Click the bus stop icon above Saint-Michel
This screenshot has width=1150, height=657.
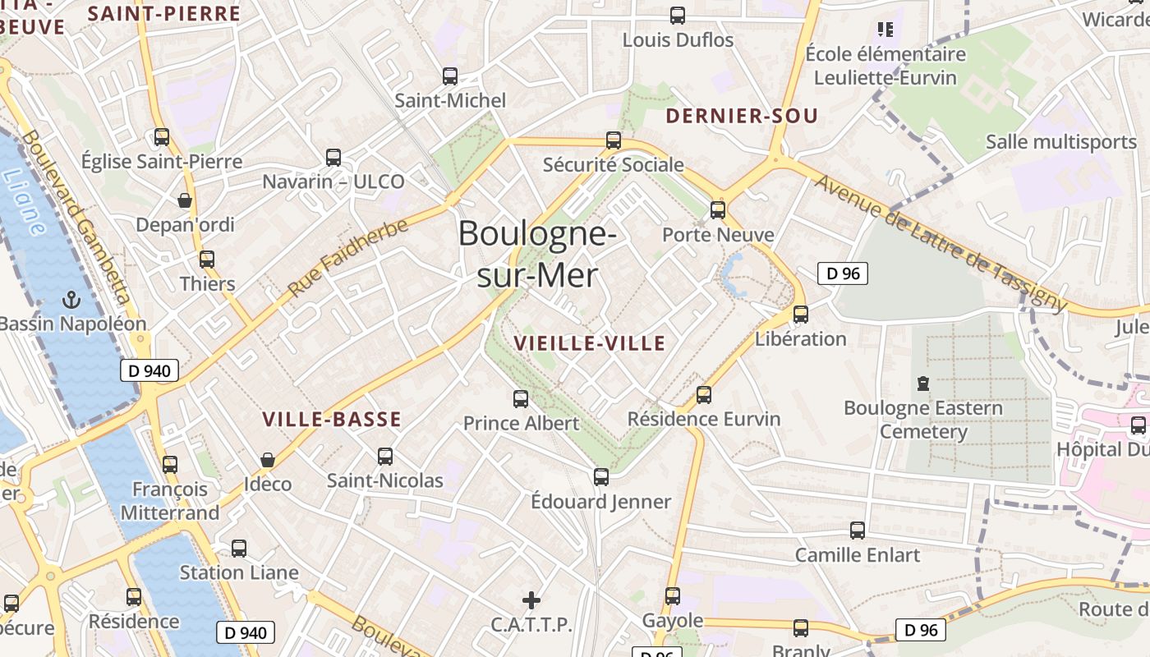click(x=450, y=76)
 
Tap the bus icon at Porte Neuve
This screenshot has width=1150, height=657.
click(x=718, y=210)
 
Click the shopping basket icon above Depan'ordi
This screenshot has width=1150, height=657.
click(x=185, y=200)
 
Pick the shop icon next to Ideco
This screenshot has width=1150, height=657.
click(x=267, y=460)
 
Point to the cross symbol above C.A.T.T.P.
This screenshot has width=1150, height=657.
click(x=531, y=600)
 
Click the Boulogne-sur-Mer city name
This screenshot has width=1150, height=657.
click(x=537, y=255)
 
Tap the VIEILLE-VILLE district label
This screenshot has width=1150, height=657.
click(x=589, y=344)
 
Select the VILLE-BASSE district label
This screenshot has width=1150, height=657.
click(x=332, y=420)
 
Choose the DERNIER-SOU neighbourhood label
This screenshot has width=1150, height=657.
click(x=742, y=117)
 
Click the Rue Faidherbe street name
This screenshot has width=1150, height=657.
click(x=348, y=258)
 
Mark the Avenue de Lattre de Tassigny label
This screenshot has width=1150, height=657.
click(x=940, y=243)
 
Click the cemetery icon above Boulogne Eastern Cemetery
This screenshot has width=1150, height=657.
click(x=923, y=384)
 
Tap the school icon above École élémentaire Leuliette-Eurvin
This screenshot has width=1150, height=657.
click(x=885, y=30)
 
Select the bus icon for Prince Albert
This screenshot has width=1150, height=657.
click(x=521, y=399)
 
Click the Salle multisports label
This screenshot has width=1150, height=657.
click(x=1061, y=141)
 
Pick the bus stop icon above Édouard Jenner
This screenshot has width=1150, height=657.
click(x=601, y=477)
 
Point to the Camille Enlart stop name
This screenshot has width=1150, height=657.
click(x=858, y=555)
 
